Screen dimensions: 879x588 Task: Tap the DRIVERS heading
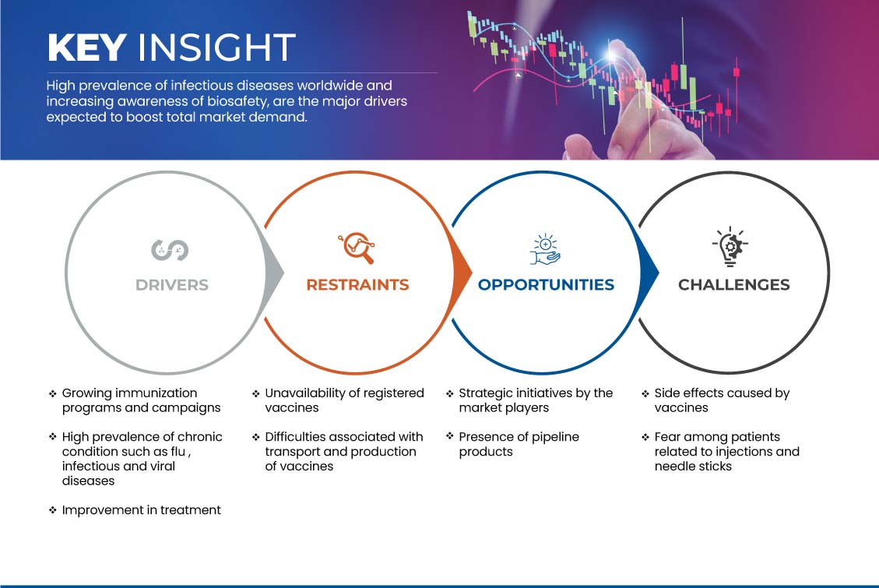pyautogui.click(x=172, y=285)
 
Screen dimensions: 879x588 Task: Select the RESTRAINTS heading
pyautogui.click(x=357, y=285)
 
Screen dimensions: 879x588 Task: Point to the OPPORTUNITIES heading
pyautogui.click(x=546, y=285)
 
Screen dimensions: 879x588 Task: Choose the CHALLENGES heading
pyautogui.click(x=734, y=285)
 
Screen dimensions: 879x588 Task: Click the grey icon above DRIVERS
pyautogui.click(x=170, y=249)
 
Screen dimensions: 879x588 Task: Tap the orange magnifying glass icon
pyautogui.click(x=357, y=248)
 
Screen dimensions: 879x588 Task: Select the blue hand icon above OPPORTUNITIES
pyautogui.click(x=546, y=249)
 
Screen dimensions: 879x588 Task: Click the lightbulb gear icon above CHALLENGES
pyautogui.click(x=730, y=246)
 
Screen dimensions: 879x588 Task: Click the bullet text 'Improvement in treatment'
pyautogui.click(x=141, y=510)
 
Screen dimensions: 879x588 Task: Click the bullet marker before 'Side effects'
pyautogui.click(x=645, y=393)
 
